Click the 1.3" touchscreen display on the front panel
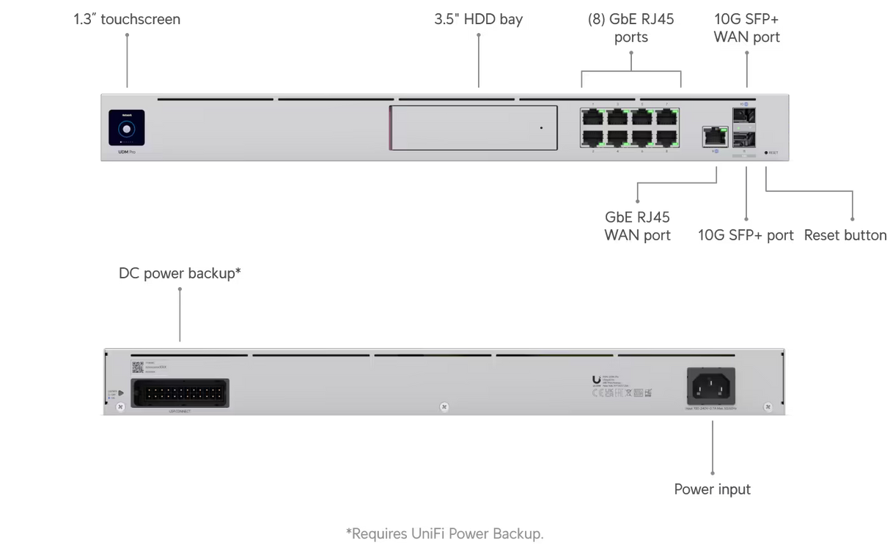127,127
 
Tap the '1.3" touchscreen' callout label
127,19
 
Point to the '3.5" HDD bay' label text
479,19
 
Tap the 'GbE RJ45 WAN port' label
638,226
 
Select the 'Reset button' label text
845,235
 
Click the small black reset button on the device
766,152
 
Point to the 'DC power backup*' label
180,273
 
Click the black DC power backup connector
180,393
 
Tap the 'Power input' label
712,489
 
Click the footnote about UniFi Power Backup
444,533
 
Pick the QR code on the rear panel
137,366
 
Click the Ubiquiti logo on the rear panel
596,380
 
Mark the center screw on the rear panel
444,406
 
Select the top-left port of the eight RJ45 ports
592,117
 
